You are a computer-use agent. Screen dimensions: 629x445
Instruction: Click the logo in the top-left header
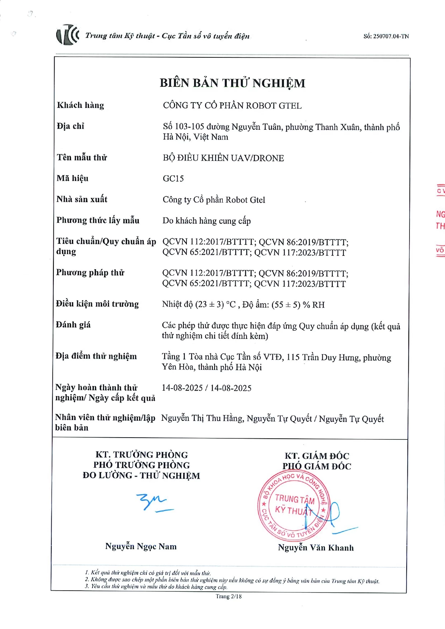tap(67, 35)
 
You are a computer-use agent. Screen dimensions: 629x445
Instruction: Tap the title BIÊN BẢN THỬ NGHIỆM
tap(232, 83)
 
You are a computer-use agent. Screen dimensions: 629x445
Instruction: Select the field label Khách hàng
tap(80, 105)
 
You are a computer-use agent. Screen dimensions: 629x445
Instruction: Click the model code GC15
tap(173, 178)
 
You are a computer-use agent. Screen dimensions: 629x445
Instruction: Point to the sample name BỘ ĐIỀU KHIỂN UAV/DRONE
tap(223, 158)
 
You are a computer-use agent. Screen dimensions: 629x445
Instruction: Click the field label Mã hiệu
tap(72, 178)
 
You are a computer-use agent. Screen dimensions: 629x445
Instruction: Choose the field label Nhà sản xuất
tap(82, 199)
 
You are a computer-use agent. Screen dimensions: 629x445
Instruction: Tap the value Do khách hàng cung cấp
tap(207, 221)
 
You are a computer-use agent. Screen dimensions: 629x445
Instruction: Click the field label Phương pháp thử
tap(90, 273)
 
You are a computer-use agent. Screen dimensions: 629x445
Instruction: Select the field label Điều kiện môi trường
tap(97, 304)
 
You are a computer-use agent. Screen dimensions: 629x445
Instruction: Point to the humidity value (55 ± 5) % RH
tap(298, 305)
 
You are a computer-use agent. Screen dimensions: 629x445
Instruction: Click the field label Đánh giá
tap(73, 325)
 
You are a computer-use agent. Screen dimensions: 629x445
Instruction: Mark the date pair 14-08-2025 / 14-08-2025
tap(207, 388)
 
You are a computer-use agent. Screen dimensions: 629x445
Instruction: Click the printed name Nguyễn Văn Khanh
tap(316, 548)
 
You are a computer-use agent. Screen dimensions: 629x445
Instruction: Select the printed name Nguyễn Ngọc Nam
tap(141, 546)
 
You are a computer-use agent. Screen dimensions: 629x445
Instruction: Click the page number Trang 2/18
tap(228, 596)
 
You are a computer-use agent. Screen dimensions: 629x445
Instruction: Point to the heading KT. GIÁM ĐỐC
tap(317, 456)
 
